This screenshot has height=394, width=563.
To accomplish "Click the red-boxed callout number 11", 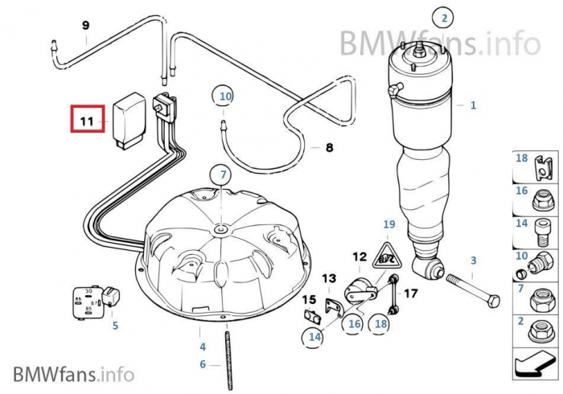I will click(87, 122).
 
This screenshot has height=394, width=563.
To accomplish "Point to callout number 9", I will click(86, 25).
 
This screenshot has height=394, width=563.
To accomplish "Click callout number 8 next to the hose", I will click(328, 148).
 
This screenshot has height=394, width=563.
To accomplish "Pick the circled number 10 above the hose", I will click(225, 96).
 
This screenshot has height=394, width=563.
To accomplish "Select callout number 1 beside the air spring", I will click(473, 105).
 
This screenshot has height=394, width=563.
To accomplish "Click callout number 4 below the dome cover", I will click(203, 347).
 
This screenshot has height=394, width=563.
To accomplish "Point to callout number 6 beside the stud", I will click(203, 364).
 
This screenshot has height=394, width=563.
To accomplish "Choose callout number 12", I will click(359, 257).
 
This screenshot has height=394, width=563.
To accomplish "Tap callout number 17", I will click(410, 293).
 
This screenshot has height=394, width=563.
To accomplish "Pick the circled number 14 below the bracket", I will click(314, 338).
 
